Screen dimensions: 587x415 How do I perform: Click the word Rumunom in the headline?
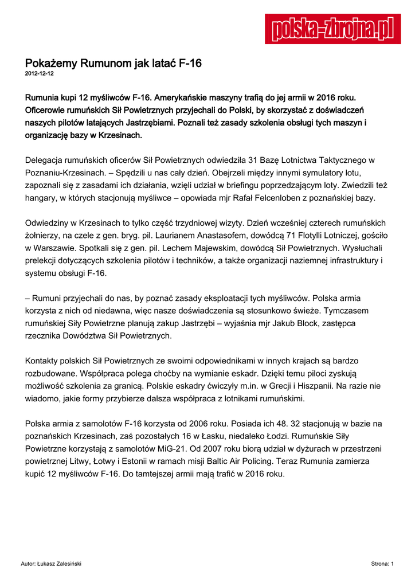[101, 64]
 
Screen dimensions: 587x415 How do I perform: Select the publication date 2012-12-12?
[40, 74]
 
